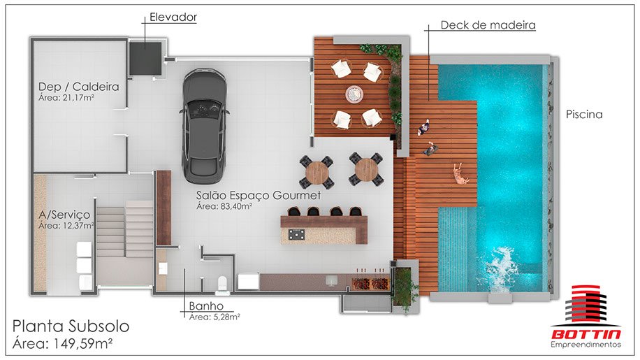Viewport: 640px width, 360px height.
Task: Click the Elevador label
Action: (173, 17)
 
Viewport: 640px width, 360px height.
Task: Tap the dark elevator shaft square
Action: (146, 58)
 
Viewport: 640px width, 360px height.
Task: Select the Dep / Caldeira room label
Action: (79, 87)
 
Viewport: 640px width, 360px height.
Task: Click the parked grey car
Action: (204, 125)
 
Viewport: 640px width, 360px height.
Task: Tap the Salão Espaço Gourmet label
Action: (259, 195)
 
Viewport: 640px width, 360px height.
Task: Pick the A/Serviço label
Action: (64, 215)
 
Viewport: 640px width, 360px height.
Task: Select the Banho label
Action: (206, 306)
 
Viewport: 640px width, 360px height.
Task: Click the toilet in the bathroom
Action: (222, 284)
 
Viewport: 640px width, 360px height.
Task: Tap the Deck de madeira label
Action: (488, 25)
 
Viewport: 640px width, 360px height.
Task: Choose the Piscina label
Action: (584, 114)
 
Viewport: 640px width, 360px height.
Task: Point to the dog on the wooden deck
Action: (461, 174)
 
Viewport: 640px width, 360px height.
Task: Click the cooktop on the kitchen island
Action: (297, 234)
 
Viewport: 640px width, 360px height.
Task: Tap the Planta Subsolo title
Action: (71, 326)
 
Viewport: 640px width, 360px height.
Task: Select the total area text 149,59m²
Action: (83, 344)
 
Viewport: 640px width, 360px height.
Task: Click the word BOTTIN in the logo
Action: (586, 334)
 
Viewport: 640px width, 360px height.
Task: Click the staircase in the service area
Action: (125, 229)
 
